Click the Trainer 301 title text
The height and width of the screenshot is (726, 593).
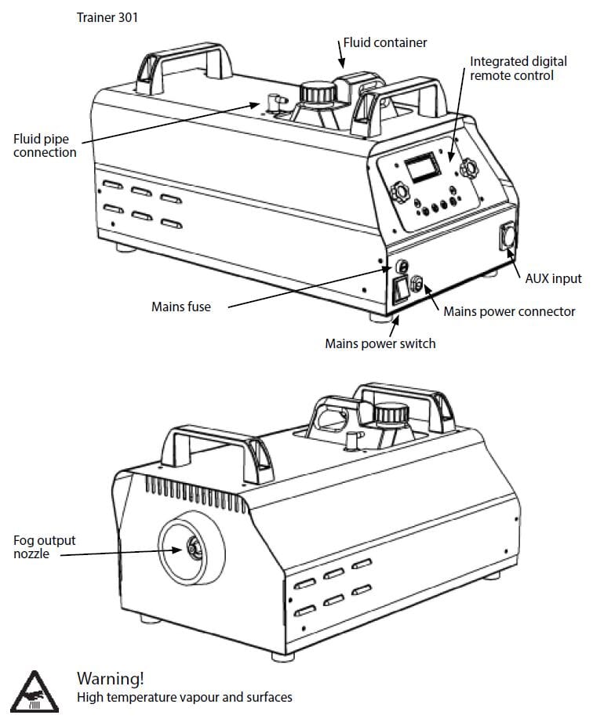point(107,17)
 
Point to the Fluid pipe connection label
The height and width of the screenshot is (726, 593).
point(45,146)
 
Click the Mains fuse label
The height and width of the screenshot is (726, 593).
point(180,307)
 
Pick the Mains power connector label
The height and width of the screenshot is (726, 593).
point(509,311)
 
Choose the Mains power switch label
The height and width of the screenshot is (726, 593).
point(380,343)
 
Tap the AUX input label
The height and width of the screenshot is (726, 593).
point(553,278)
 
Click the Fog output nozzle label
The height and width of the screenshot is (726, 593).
point(44,547)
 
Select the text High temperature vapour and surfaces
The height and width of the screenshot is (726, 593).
point(184,697)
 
